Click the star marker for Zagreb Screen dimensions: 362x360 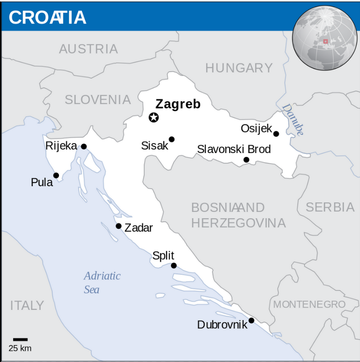point(154,117)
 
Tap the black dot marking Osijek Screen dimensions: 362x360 point(276,134)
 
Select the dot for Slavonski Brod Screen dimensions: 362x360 point(246,160)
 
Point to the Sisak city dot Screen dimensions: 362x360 point(171,139)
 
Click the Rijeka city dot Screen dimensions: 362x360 point(84,147)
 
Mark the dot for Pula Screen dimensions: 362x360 point(56,175)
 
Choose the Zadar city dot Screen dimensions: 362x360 point(118,226)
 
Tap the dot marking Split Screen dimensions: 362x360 point(174,265)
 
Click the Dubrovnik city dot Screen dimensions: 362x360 point(251,320)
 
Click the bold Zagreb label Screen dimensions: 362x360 point(178,104)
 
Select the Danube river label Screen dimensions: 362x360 point(293,120)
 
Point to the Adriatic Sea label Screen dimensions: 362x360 point(102,282)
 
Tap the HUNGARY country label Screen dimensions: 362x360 point(239,68)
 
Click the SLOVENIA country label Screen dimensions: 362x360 point(98,100)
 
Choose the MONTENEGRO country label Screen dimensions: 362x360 point(309,305)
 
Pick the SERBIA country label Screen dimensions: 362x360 point(330,207)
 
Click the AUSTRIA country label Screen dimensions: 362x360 point(88,49)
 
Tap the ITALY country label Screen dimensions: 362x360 point(27,306)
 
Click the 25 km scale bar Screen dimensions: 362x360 point(20,340)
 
